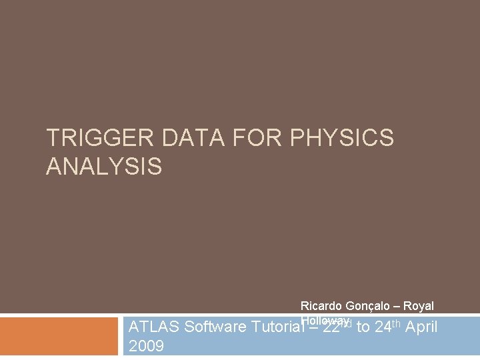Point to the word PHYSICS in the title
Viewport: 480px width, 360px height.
tap(343, 139)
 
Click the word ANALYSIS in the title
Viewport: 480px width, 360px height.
tap(104, 167)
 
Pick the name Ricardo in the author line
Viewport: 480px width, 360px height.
tap(321, 306)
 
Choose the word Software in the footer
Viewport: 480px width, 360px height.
tap(213, 327)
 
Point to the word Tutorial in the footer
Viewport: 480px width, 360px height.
tap(275, 327)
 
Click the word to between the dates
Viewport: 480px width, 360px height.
tap(363, 327)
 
